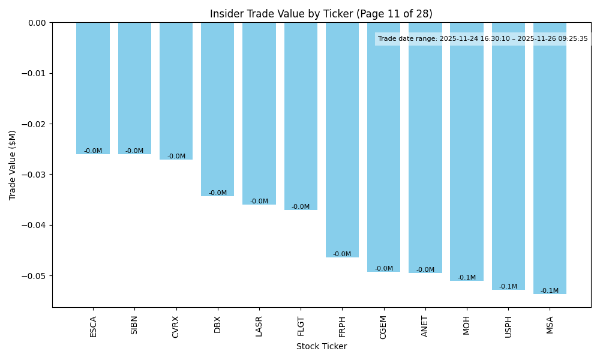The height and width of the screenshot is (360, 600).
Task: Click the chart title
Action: tap(321, 14)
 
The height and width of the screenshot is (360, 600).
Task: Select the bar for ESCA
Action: tap(93, 88)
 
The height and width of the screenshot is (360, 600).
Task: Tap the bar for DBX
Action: tap(218, 109)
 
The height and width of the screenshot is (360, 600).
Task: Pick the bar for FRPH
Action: tap(342, 140)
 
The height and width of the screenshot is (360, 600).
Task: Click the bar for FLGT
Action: tap(301, 116)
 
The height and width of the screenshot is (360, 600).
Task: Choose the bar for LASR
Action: tap(259, 113)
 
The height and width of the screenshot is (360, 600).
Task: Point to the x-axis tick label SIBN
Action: tap(134, 325)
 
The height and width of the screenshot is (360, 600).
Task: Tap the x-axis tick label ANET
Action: tap(425, 326)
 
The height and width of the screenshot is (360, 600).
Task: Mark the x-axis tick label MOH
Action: tap(466, 325)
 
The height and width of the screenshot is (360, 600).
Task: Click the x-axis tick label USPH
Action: tap(508, 326)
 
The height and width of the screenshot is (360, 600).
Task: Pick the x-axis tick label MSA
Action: tap(550, 324)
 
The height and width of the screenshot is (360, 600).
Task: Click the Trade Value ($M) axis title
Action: tap(13, 165)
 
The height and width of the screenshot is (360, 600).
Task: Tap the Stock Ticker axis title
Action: tap(321, 346)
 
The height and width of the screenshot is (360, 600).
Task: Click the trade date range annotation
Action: tap(482, 39)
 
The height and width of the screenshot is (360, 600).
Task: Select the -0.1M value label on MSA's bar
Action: tap(550, 291)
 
